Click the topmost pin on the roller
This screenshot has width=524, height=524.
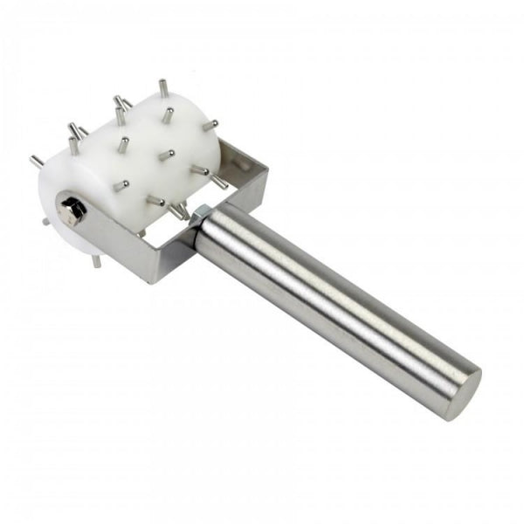[x=162, y=88]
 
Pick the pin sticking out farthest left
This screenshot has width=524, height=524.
[x=37, y=162]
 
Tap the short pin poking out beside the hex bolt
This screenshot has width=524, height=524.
[x=45, y=221]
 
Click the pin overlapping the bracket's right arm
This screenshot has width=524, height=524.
[x=219, y=182]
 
